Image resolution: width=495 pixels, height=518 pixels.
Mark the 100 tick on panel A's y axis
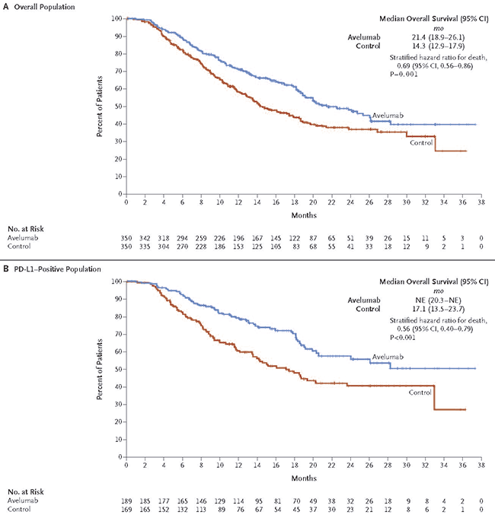(x=116, y=17)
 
